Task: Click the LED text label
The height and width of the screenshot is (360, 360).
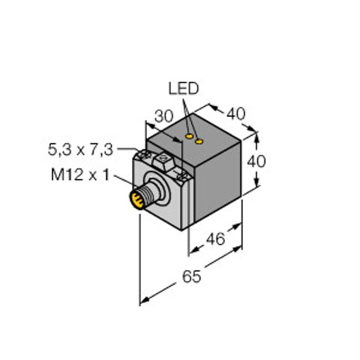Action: pos(183,90)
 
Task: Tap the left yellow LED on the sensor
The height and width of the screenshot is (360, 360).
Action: pos(190,137)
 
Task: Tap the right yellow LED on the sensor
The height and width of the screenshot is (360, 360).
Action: pos(200,142)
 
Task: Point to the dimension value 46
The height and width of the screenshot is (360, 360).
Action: pos(215,239)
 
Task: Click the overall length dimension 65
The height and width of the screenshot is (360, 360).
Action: pos(190,277)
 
